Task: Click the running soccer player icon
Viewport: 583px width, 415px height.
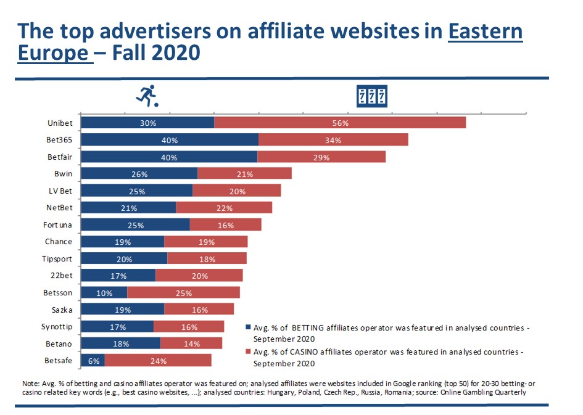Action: [146, 96]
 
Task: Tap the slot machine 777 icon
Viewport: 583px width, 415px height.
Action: [373, 96]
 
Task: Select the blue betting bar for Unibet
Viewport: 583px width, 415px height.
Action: [147, 123]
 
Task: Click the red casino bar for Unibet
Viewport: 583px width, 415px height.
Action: [340, 123]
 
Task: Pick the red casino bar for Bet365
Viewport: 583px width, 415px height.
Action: [333, 140]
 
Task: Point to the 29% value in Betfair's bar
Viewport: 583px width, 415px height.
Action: [321, 157]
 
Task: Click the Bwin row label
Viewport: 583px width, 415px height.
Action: [63, 174]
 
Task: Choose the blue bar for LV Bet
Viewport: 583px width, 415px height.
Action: [136, 191]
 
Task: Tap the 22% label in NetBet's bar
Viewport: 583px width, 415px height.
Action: [224, 208]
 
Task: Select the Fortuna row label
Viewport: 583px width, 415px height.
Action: [59, 225]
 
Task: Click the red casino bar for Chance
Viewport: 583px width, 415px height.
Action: [205, 242]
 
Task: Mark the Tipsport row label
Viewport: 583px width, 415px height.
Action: [59, 259]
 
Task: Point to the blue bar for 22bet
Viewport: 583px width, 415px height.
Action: [118, 276]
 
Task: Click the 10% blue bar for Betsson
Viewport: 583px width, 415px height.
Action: [104, 293]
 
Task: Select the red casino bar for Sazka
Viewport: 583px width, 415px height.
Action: [199, 310]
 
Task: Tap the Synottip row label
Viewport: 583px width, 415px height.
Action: [57, 327]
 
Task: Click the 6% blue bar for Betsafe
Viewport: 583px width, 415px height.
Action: [93, 361]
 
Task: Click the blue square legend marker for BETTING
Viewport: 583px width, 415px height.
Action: [248, 327]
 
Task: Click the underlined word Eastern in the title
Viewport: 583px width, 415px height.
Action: [485, 31]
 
